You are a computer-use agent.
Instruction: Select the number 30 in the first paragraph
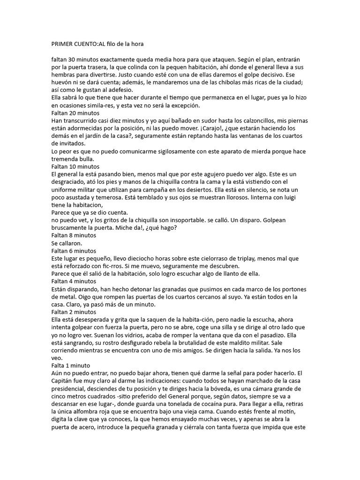pyautogui.click(x=73, y=60)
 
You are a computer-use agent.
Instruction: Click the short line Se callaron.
pyautogui.click(x=67, y=243)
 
